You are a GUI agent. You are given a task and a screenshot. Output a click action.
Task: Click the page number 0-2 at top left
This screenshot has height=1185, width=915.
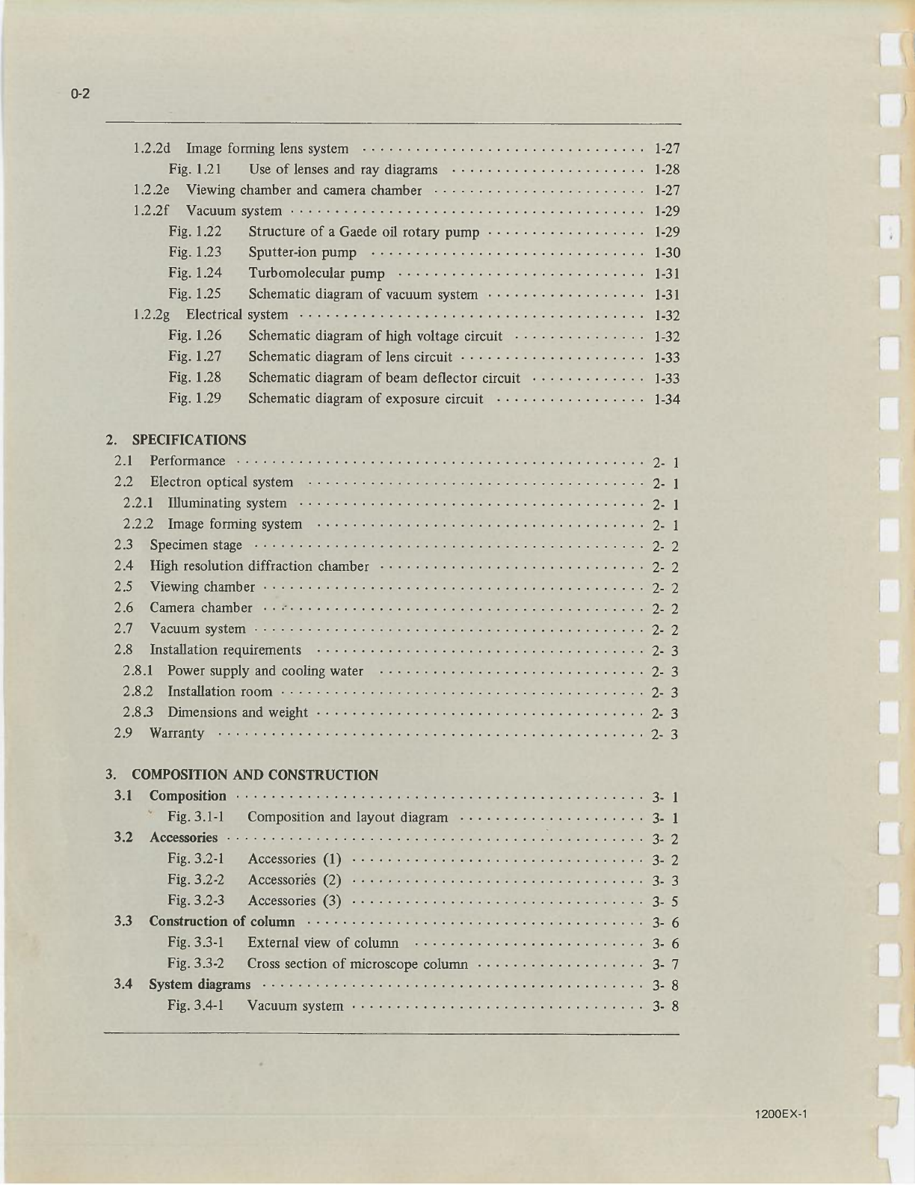[80, 94]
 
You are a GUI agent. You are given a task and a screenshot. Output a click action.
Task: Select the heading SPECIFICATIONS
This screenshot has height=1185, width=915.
[188, 440]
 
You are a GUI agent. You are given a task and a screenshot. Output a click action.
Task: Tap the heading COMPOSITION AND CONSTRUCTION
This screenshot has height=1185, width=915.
[254, 775]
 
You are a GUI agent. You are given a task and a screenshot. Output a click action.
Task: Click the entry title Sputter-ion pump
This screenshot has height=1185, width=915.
[302, 253]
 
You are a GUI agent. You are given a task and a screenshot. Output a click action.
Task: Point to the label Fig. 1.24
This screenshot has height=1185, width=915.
[195, 273]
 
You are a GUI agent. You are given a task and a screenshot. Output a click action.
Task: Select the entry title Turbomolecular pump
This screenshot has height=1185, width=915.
[316, 274]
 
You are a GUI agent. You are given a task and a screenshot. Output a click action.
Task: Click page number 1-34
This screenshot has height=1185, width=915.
[666, 399]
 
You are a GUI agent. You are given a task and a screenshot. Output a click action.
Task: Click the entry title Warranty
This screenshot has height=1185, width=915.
[176, 733]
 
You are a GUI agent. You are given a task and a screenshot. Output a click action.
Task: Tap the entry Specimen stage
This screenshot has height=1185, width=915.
[196, 545]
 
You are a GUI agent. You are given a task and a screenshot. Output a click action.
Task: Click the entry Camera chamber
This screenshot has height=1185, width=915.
[201, 608]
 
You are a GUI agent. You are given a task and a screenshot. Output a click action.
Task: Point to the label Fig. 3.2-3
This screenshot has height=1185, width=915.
[196, 901]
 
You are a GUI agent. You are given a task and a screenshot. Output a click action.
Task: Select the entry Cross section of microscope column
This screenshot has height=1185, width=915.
[357, 964]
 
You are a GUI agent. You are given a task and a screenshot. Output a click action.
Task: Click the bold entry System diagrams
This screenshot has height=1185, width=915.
[200, 985]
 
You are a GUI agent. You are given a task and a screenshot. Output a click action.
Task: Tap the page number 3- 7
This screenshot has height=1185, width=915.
[665, 964]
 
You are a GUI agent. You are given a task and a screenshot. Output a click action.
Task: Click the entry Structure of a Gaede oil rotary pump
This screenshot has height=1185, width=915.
[363, 232]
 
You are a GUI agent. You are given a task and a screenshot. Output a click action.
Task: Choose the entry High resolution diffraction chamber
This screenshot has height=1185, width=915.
[259, 566]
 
